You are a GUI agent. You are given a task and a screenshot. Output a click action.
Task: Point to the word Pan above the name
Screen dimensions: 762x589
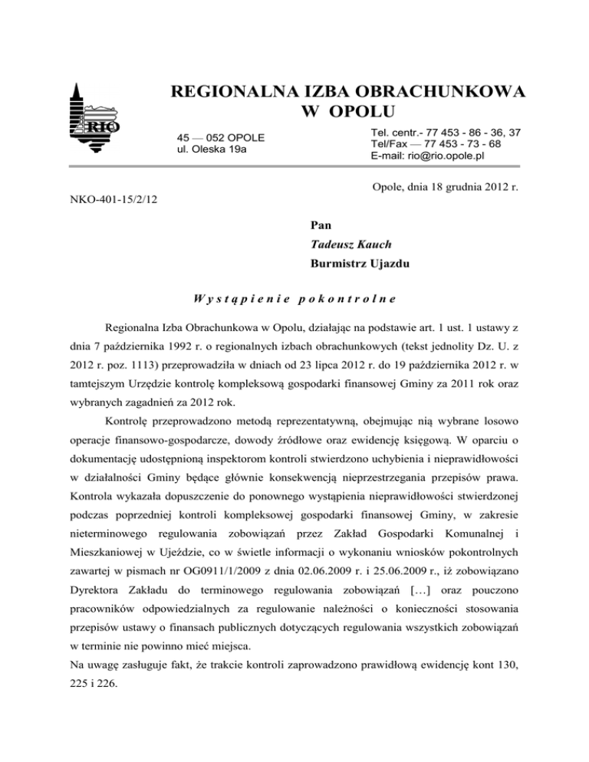321,225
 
